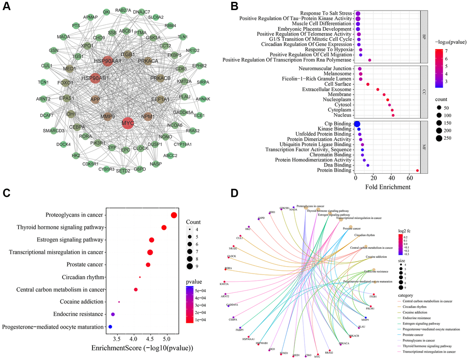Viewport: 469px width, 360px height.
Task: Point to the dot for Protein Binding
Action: point(417,171)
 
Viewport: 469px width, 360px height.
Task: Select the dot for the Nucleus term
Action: point(393,115)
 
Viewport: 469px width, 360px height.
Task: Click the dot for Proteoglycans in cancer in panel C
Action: point(174,215)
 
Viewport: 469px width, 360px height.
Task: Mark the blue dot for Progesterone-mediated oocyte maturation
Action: point(110,327)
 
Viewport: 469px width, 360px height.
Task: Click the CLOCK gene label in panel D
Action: point(232,256)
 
